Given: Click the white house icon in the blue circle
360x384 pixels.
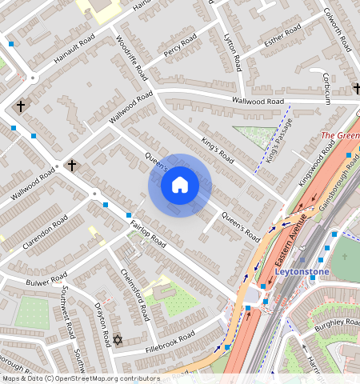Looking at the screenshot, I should point(180,186).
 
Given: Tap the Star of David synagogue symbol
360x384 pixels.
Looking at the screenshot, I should point(118,341).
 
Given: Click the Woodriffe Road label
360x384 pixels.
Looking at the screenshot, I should point(132,57).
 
